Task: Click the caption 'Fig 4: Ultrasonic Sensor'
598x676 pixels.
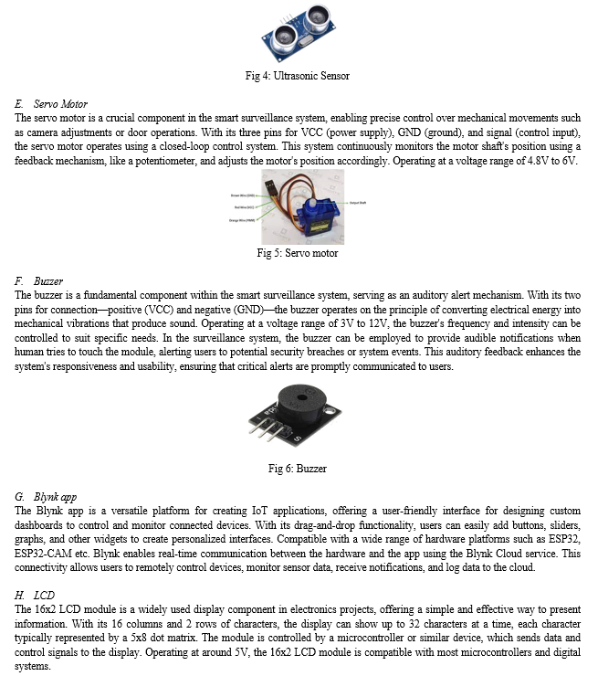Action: [298, 76]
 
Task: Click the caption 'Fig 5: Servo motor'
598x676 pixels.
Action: [298, 254]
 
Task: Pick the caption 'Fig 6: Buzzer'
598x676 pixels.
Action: [298, 469]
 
